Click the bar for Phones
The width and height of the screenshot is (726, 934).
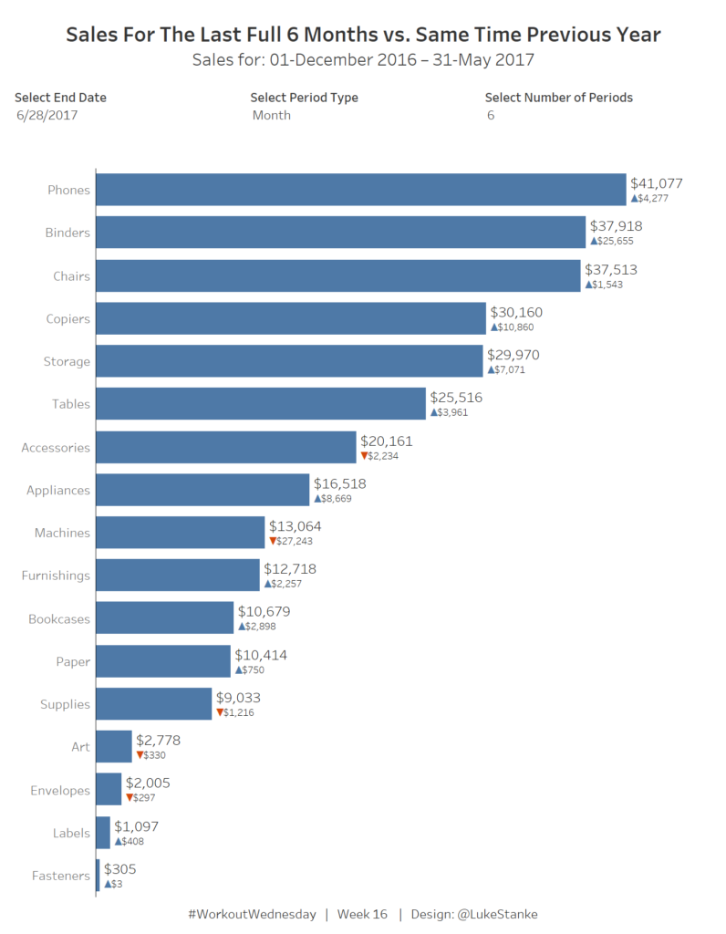[x=360, y=190]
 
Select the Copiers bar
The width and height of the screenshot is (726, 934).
[x=290, y=318]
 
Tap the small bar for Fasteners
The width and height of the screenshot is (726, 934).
[x=98, y=876]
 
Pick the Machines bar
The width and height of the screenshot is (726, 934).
[x=180, y=533]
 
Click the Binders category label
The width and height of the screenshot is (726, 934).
[x=67, y=233]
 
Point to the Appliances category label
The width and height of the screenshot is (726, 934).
[x=58, y=490]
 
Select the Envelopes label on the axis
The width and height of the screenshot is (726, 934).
[x=60, y=790]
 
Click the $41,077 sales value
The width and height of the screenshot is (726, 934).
[x=656, y=183]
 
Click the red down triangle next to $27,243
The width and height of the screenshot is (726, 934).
[x=273, y=541]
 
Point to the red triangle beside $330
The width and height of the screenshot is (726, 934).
[x=140, y=754]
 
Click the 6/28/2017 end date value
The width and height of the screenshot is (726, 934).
[x=47, y=116]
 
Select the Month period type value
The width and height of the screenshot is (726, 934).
[x=272, y=116]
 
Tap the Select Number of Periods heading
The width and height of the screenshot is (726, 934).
[x=558, y=98]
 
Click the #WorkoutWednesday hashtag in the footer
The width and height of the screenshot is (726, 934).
[x=252, y=914]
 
